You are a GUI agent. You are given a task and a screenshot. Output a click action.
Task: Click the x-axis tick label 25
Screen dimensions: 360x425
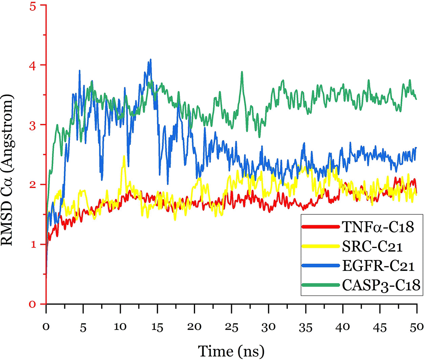coord(232,316)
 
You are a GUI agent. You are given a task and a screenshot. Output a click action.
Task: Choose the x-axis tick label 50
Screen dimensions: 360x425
coord(417,316)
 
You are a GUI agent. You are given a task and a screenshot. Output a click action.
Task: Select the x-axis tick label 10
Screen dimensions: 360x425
coord(120,316)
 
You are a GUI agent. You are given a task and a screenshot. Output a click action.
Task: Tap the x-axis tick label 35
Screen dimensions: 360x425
coord(306,316)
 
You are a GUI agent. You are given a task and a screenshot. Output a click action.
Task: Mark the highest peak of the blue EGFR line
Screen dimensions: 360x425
coord(150,60)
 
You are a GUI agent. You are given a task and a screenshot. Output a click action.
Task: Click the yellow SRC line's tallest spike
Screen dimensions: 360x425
coord(124,156)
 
